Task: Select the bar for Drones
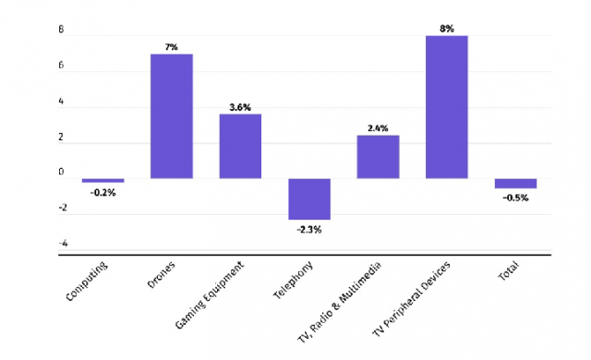[172, 116]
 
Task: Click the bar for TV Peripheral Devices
[447, 107]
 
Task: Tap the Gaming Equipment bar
[240, 146]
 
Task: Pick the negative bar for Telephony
[309, 198]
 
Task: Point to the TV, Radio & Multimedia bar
[378, 157]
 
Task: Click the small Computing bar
[103, 180]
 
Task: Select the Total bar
[515, 184]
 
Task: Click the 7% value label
[171, 47]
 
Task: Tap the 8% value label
[447, 29]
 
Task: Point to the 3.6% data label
[240, 107]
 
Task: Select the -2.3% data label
[309, 229]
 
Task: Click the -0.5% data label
[515, 198]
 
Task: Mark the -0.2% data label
[103, 193]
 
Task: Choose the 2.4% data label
[378, 128]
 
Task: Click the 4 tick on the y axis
[61, 102]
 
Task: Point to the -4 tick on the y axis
[64, 244]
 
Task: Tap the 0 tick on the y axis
[61, 172]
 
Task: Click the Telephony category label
[293, 280]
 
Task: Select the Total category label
[509, 270]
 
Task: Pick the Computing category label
[87, 281]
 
